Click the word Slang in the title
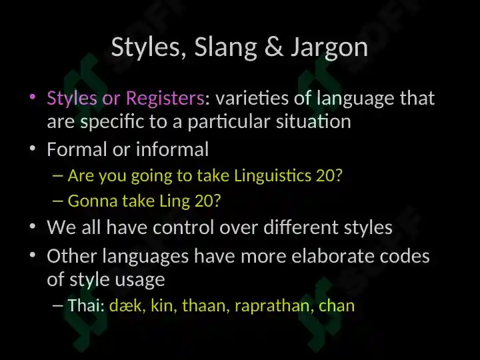coord(225,47)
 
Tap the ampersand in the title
coord(274,47)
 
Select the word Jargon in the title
coord(329,49)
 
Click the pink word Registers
coord(165,98)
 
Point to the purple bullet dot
coord(33,97)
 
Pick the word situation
coord(313,121)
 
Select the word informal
coord(173,149)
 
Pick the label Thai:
coord(87,305)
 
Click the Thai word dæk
coord(125,305)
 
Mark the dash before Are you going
coord(58,176)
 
